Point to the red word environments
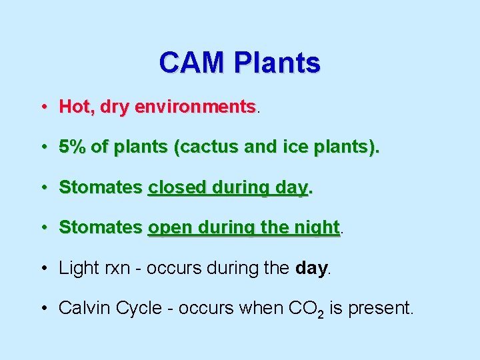click(195, 107)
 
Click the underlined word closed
click(175, 187)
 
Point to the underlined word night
click(316, 227)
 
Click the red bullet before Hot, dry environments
click(42, 107)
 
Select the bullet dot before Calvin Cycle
click(42, 309)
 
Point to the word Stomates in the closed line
click(101, 187)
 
